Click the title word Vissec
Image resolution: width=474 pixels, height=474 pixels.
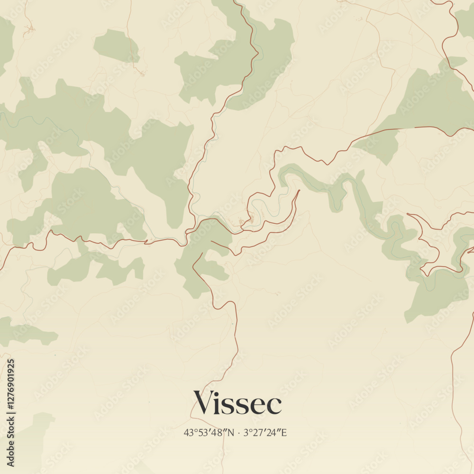[237, 403]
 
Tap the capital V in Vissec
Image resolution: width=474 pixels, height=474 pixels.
[203, 403]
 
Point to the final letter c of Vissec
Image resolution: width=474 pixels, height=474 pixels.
[275, 406]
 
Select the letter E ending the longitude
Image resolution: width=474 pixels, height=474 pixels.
[284, 432]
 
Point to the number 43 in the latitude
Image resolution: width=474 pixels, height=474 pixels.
[189, 432]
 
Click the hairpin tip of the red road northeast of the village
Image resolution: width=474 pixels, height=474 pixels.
[299, 191]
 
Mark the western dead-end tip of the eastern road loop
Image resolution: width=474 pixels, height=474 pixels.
[408, 215]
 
